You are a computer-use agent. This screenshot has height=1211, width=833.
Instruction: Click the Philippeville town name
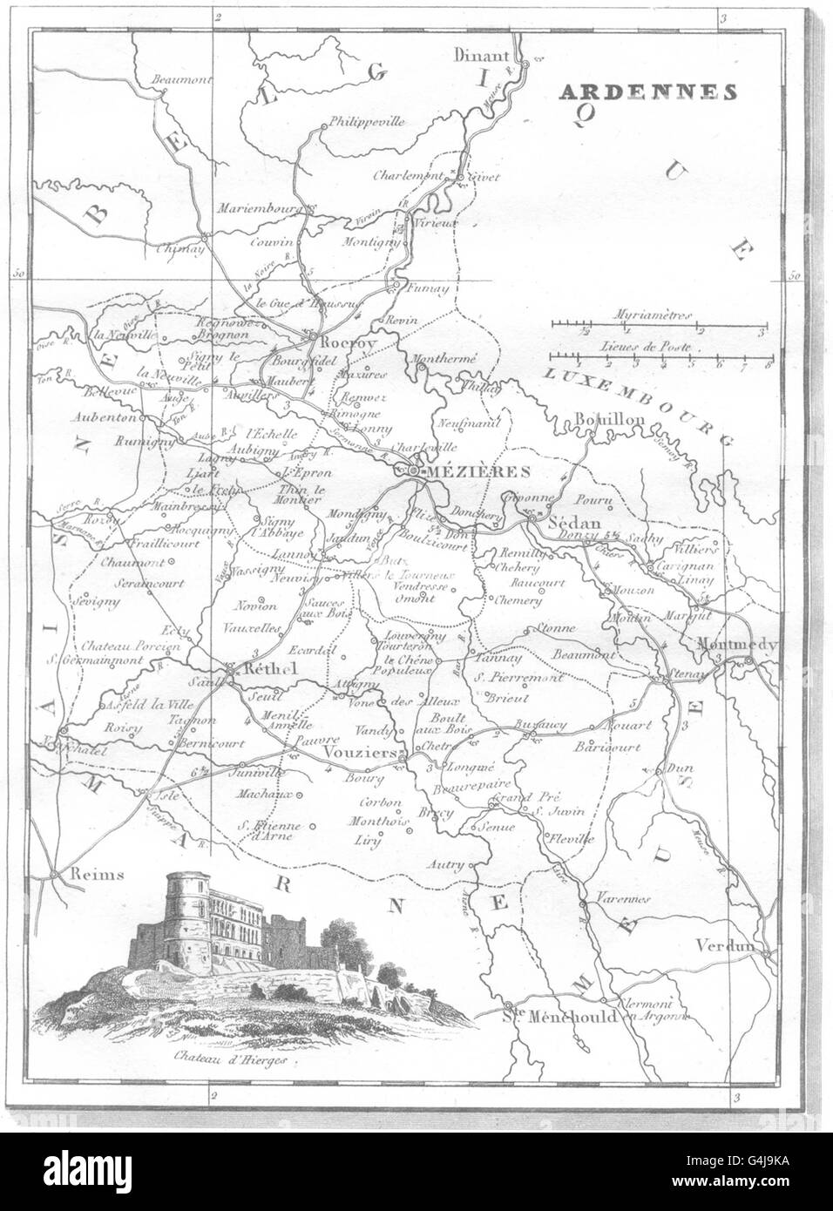click(x=367, y=122)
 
